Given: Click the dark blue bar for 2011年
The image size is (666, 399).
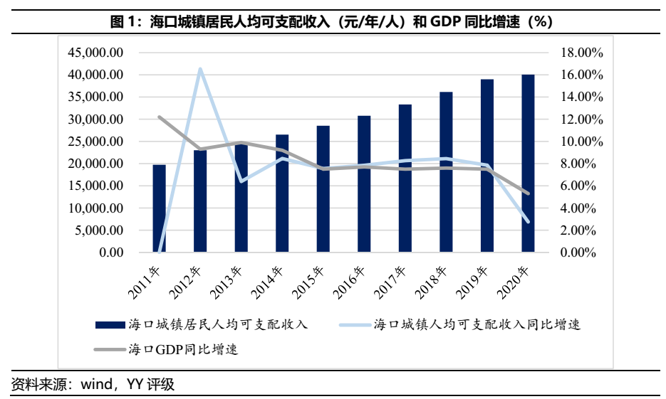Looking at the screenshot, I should (x=159, y=208).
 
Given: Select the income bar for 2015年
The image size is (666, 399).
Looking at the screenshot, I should (x=323, y=189).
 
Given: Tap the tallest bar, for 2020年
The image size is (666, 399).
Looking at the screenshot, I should (x=528, y=164).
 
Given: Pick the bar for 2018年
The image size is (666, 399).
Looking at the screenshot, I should (x=446, y=172).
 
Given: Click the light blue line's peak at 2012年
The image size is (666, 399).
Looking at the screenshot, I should (x=200, y=69).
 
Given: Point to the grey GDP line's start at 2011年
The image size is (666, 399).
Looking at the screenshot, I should (x=160, y=117).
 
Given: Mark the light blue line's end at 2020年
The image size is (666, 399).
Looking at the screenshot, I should (x=528, y=221).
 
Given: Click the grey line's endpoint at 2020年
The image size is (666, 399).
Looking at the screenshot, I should (x=528, y=193).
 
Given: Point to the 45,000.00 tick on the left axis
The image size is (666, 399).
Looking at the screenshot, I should (x=96, y=53).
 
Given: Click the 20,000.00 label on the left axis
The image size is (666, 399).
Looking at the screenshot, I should (x=96, y=164).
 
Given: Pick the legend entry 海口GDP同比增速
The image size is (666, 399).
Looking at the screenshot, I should (x=182, y=349).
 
